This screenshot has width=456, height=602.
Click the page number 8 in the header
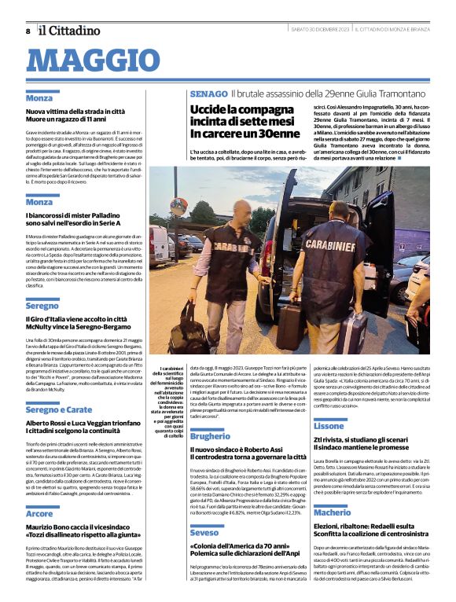(x=28, y=31)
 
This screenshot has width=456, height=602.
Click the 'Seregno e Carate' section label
(x=59, y=409)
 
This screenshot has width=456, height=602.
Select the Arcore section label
(x=39, y=513)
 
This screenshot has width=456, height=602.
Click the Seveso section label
(x=204, y=533)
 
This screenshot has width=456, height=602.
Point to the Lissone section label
(x=329, y=425)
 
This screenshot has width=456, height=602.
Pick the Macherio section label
(x=333, y=512)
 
